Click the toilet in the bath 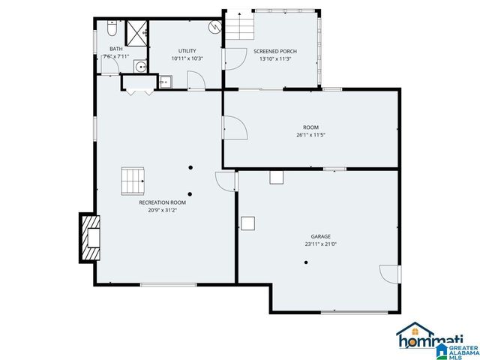[x=112, y=29]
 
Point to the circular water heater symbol [x=214, y=26]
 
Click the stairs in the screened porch [x=241, y=30]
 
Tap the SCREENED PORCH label [x=274, y=51]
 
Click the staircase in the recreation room [x=133, y=180]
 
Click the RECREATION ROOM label [x=162, y=202]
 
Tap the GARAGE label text [x=321, y=236]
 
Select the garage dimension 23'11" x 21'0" [x=321, y=244]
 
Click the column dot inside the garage [x=305, y=262]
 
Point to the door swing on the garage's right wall [x=390, y=274]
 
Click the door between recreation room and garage [x=225, y=181]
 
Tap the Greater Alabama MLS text [x=463, y=347]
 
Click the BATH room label [x=116, y=49]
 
